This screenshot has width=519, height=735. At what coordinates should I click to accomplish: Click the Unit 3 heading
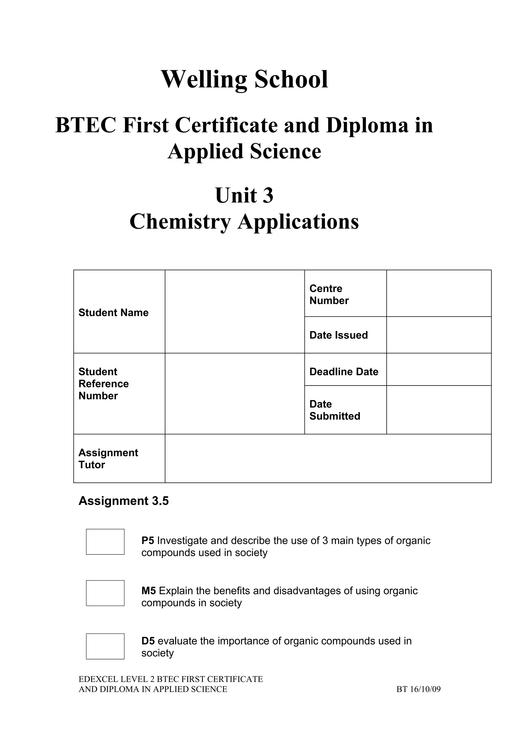pos(244,195)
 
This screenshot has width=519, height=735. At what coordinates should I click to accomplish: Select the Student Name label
pos(114,312)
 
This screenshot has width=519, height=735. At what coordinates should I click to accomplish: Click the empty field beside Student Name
pos(235,311)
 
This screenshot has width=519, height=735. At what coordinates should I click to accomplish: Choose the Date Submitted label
pos(335,410)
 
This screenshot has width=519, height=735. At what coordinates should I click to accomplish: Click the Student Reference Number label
pos(104,384)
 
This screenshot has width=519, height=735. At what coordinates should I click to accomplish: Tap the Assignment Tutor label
pos(108,459)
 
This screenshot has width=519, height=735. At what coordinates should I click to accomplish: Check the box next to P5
pos(105,542)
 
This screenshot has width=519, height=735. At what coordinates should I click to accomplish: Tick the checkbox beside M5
pos(105,593)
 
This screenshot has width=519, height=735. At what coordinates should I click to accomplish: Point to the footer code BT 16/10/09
pos(419,689)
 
